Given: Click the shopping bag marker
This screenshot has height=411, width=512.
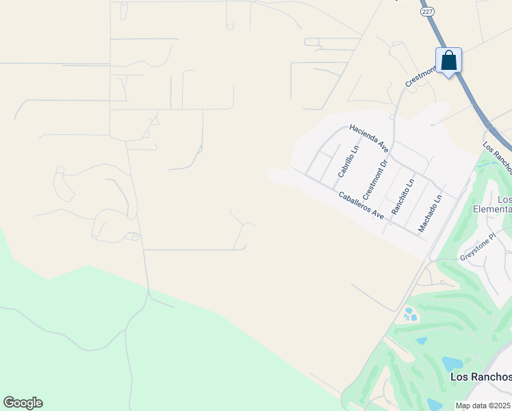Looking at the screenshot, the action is tap(448, 60).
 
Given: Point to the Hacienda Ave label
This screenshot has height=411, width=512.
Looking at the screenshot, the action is tap(369, 138).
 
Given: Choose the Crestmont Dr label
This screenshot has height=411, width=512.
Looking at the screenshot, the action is tap(375, 176).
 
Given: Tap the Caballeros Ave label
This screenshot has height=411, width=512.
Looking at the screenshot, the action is tap(361, 204).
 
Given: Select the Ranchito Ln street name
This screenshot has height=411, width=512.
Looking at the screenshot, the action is tap(403, 197).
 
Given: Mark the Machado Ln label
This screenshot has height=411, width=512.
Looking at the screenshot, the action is tap(431, 213).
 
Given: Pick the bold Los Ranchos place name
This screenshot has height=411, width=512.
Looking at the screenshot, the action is tap(481, 377).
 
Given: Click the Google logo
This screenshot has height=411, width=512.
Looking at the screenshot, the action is tap(23, 403).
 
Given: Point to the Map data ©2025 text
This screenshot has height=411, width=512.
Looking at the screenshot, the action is tap(483, 406).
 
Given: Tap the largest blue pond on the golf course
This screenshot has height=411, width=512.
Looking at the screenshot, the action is tap(452, 363).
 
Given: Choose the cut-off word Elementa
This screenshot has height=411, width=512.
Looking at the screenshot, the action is tap(492, 209).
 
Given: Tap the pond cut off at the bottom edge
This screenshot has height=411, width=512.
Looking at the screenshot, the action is tap(435, 405).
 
